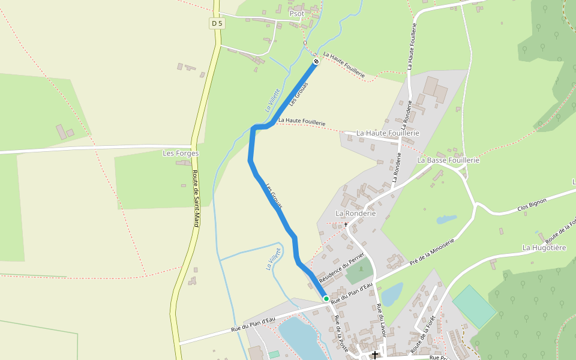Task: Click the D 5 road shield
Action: point(217,23)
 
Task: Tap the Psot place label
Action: point(296,13)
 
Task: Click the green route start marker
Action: point(326,298)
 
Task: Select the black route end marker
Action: point(316,61)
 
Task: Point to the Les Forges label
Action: point(181,154)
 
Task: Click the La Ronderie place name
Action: point(355,213)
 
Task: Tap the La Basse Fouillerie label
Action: point(448,160)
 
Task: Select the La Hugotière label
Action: point(544,247)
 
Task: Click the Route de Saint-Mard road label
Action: point(196,198)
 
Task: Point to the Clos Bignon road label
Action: point(532,205)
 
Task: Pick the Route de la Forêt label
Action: point(422,334)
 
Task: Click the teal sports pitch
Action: point(474,305)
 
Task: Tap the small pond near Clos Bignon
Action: point(447,220)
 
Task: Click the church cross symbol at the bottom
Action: point(375,355)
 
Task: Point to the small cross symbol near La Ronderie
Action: point(346,225)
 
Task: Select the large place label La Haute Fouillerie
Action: point(388,133)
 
